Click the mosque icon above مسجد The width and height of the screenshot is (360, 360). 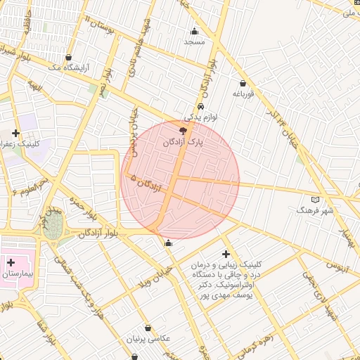(x=194, y=31)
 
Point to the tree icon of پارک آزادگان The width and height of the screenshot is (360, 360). (x=184, y=131)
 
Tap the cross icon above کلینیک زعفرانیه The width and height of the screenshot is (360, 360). (x=16, y=133)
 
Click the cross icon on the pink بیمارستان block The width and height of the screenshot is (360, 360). (x=11, y=262)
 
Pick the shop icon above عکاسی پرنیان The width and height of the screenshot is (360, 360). (x=148, y=328)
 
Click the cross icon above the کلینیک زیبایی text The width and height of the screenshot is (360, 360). (x=225, y=254)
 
